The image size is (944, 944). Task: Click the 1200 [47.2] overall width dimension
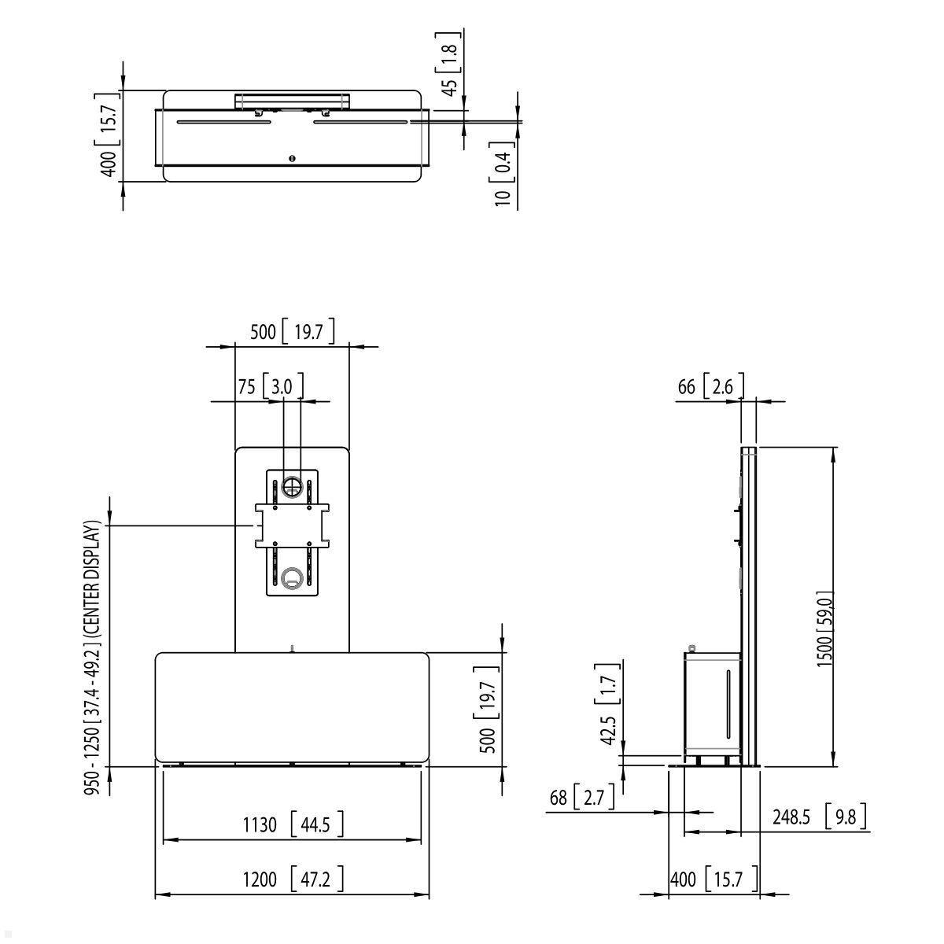[291, 879]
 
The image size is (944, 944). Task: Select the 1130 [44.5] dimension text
[291, 824]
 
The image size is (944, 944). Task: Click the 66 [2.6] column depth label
[706, 386]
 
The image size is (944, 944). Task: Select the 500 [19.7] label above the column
[292, 331]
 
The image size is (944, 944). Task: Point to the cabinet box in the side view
[712, 700]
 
